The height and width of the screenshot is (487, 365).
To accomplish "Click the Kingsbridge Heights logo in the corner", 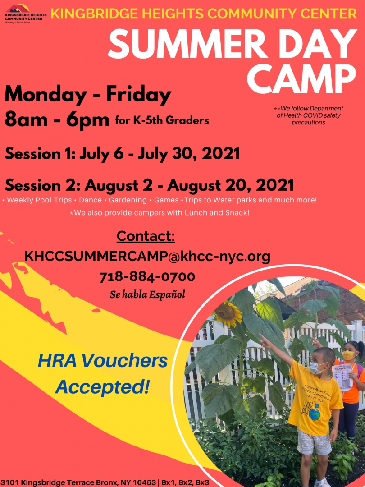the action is pos(26,14).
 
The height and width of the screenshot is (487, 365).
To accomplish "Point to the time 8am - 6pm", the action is pos(57,120).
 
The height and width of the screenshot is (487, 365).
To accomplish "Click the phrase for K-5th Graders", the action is pos(162,120).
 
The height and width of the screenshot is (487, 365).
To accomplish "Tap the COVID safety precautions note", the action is pos(308,115).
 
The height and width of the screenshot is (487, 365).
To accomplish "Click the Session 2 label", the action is pos(43,185).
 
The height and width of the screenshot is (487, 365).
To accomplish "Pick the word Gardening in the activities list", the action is pos(128,200).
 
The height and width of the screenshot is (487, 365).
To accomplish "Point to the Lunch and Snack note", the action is pos(160,213).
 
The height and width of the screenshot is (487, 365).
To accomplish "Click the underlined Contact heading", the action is pos(146,237).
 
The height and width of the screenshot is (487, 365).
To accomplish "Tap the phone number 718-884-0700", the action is pos(147,277).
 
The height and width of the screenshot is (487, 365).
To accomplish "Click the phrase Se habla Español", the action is pos(147,294).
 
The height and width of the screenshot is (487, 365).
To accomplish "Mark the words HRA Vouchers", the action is pos(103,361).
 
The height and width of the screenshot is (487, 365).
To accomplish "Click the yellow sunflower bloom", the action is pos(228,314).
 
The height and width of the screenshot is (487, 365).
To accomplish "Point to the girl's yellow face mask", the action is pos(348,355).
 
